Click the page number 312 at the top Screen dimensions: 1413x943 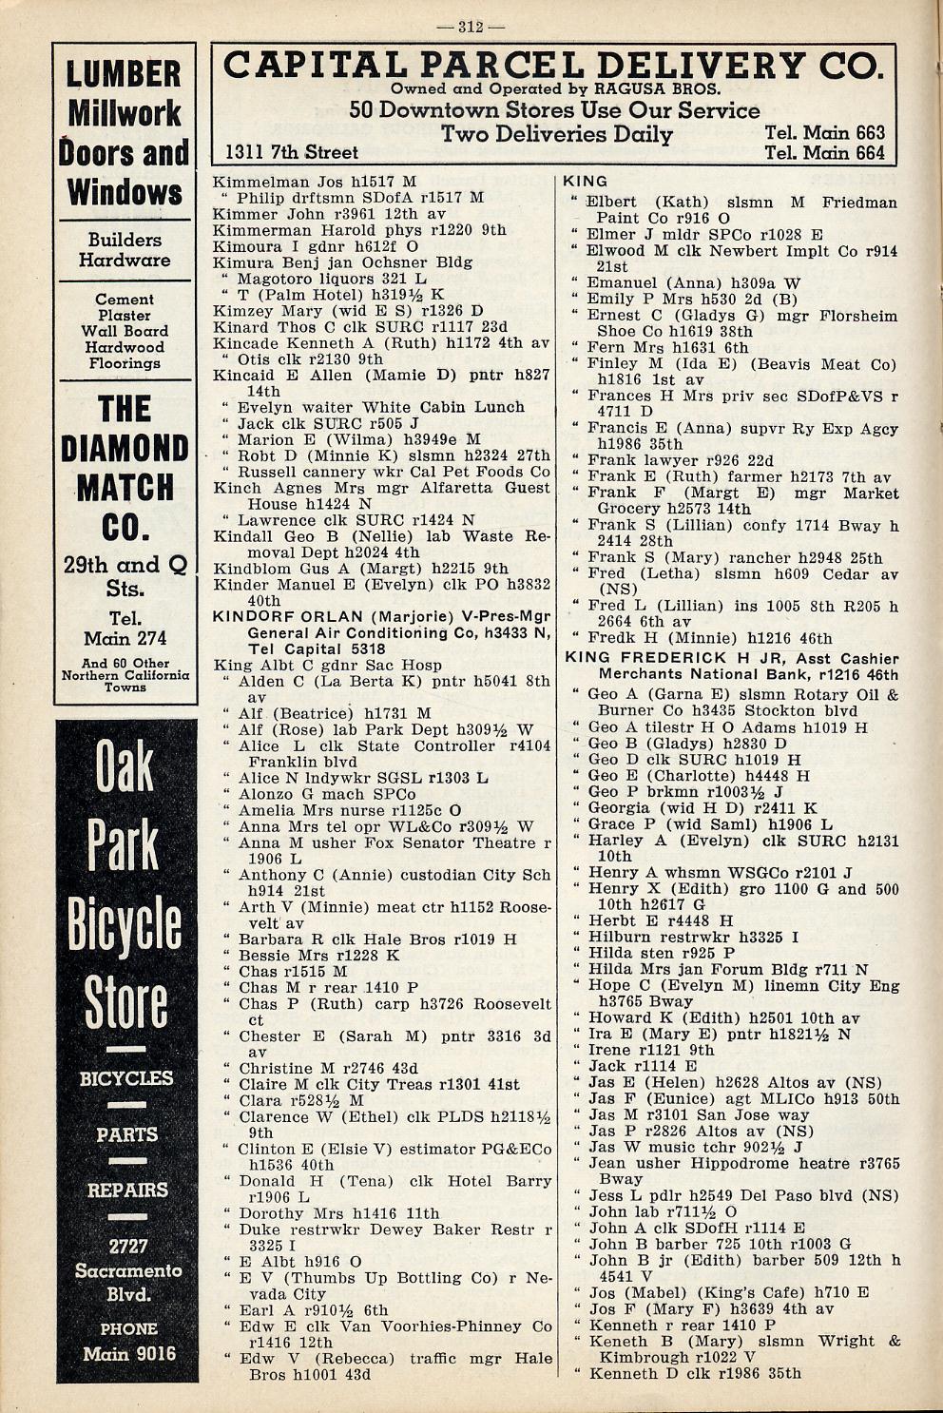471,27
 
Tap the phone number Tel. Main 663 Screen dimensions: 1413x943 824,133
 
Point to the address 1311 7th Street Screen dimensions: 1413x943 292,152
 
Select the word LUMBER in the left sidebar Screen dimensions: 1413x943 125,73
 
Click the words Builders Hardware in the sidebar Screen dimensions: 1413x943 125,250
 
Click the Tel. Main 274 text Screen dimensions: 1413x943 125,629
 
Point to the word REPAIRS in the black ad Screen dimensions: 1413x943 127,1190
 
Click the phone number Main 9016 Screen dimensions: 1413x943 128,1352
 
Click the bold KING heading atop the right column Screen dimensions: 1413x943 586,181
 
